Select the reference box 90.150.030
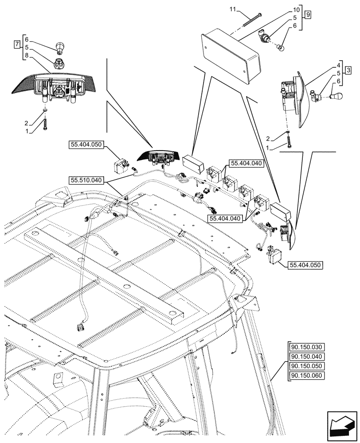click(x=306, y=347)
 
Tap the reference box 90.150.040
click(x=306, y=357)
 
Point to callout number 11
click(x=233, y=9)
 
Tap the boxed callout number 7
click(x=17, y=44)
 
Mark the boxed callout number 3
click(x=349, y=70)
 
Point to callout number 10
click(x=296, y=9)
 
